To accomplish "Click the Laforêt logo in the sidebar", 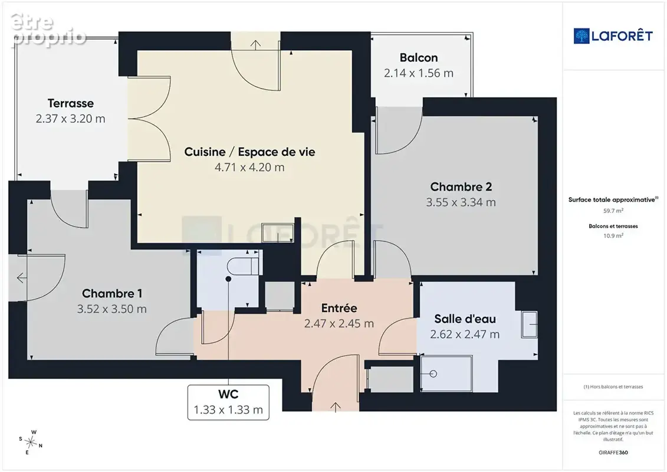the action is tap(613, 36).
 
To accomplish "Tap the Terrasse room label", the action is tap(71, 103).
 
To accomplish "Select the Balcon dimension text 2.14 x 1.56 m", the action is tap(419, 73).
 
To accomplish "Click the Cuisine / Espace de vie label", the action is tap(249, 152).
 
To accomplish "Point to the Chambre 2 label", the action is tap(461, 187).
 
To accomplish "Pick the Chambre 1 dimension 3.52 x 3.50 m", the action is tap(112, 309).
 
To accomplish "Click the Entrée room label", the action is tap(339, 308).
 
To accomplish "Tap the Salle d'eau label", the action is tap(465, 319).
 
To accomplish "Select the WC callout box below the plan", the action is tap(228, 402).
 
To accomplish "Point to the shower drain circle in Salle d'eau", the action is tap(433, 373).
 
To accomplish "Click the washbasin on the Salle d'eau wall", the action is tap(529, 324).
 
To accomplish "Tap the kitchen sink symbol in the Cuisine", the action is tap(277, 233).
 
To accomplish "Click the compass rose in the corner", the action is tap(31, 442).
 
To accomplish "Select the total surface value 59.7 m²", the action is tap(613, 211).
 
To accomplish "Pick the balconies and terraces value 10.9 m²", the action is tap(613, 236).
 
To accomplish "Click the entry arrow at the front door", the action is tap(336, 407).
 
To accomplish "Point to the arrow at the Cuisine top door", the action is tap(256, 45).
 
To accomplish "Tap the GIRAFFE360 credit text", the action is tap(613, 453).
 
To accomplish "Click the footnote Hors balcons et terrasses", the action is tap(613, 387).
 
